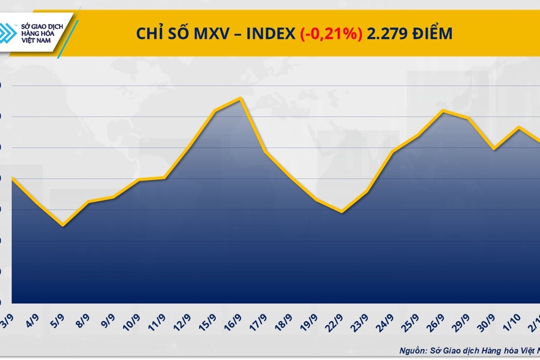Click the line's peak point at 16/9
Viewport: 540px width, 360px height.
[241, 98]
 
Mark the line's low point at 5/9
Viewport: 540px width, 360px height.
[63, 226]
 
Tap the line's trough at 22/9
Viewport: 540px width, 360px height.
[341, 211]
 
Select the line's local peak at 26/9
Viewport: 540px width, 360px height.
[443, 110]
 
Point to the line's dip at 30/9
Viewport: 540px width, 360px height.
[493, 149]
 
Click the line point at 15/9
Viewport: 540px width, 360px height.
[215, 110]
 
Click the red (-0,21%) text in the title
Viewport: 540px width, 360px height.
[331, 34]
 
